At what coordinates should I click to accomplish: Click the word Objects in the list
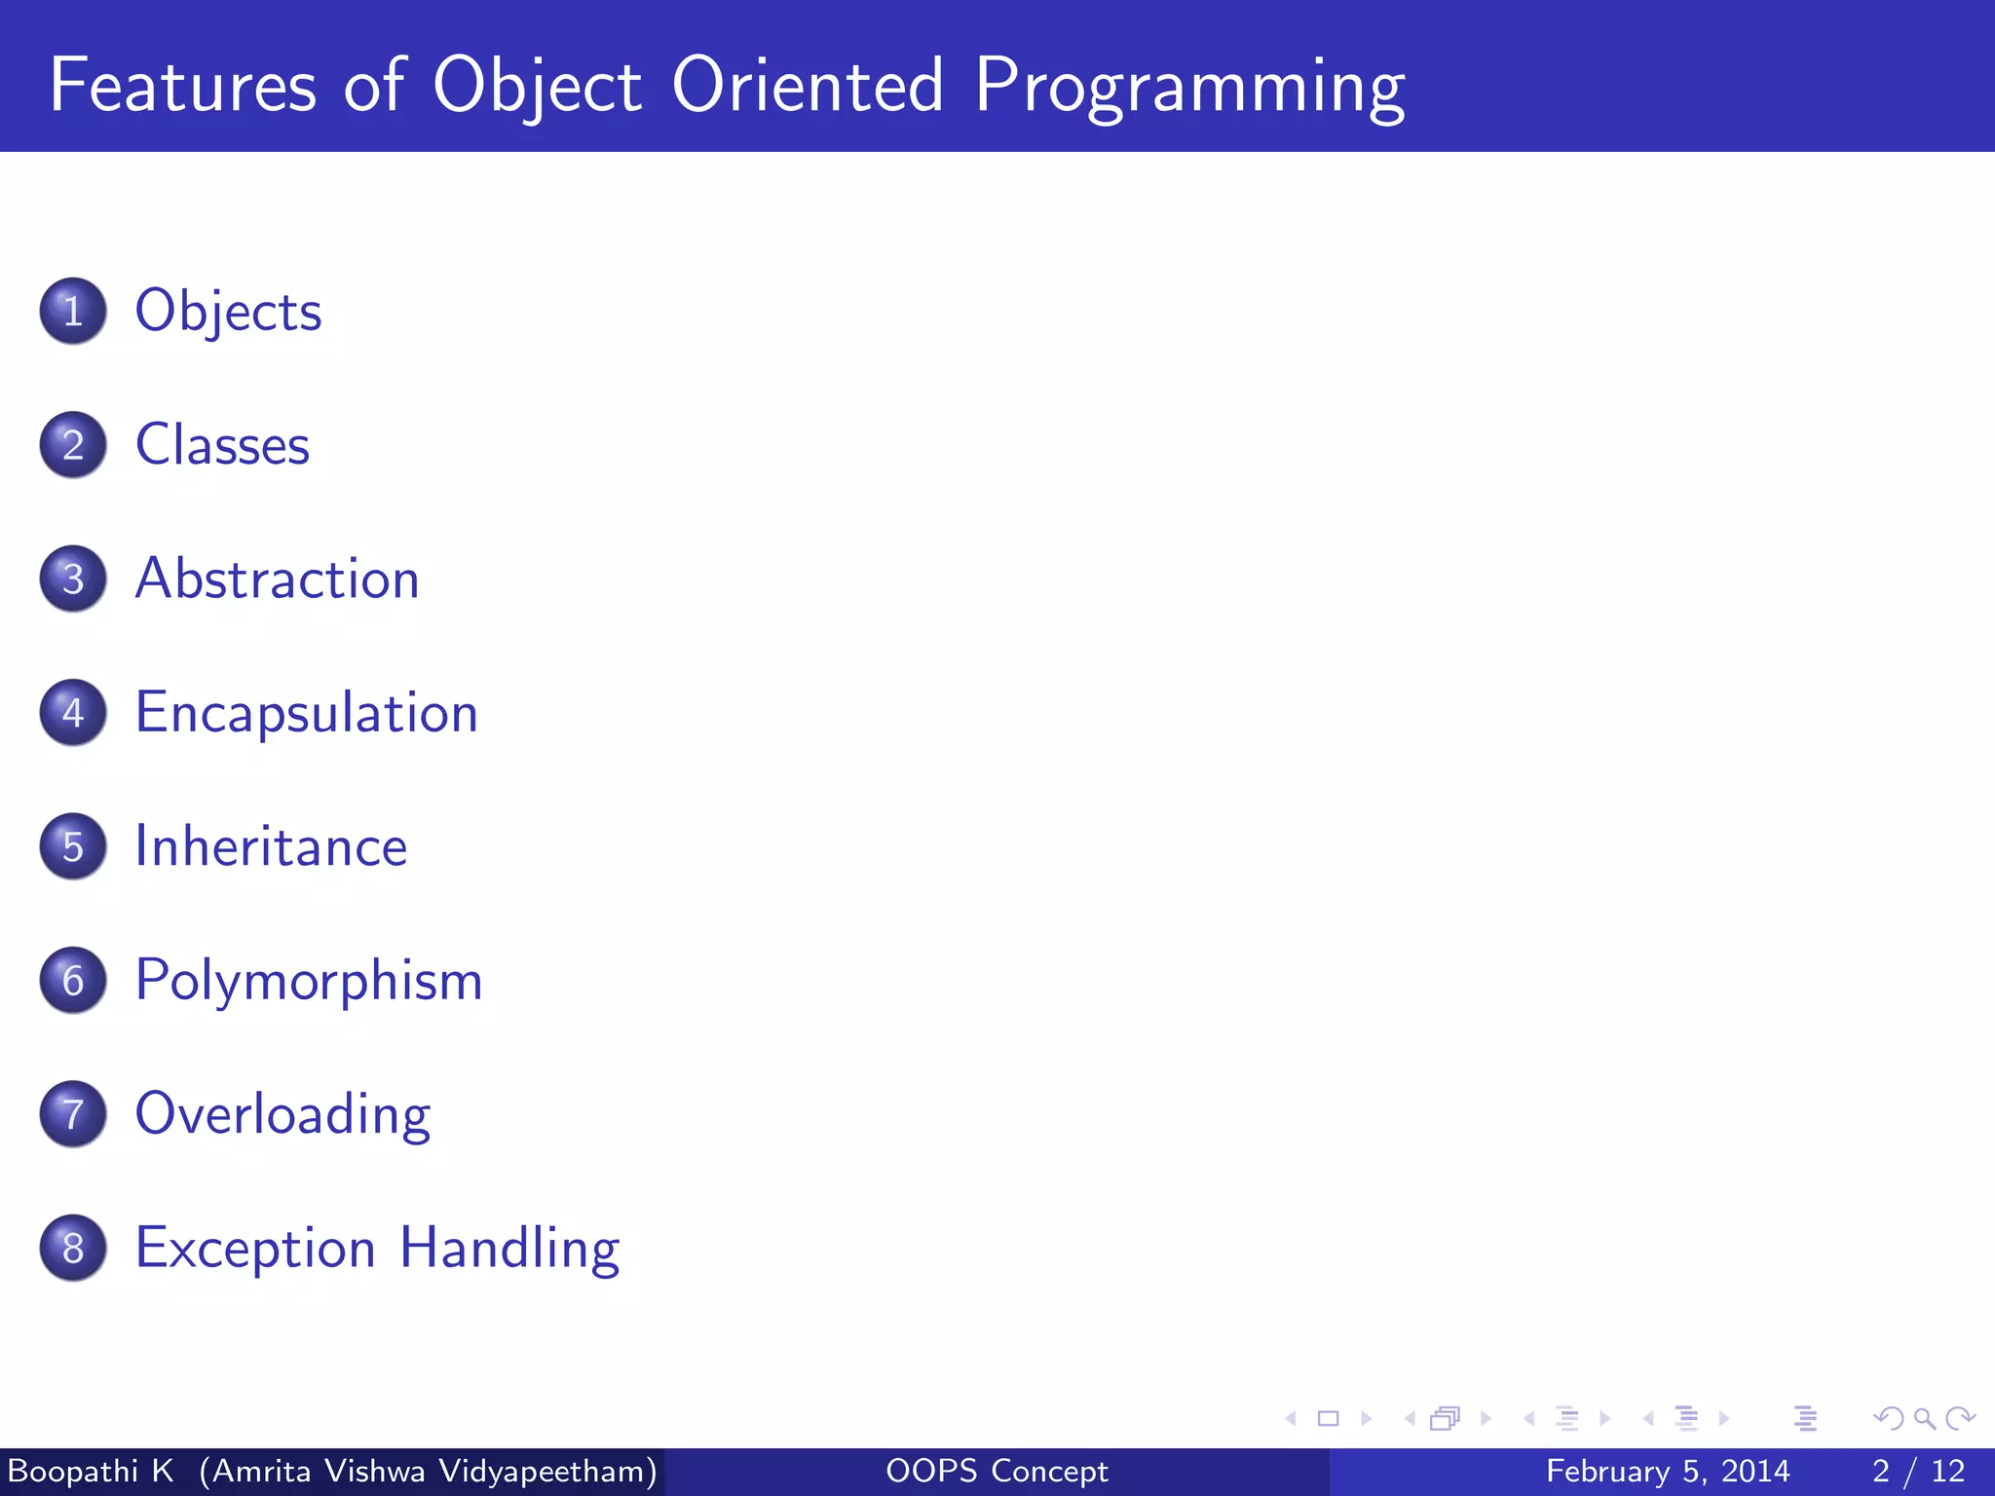pos(228,312)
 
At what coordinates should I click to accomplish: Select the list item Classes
pos(222,445)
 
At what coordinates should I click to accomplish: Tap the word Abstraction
pos(277,579)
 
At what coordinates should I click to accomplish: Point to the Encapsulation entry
pos(306,713)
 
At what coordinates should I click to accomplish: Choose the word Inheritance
pos(271,846)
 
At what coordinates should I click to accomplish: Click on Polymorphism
pos(308,981)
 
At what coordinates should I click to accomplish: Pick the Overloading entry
pos(282,1114)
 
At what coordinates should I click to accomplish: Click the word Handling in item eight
pos(509,1249)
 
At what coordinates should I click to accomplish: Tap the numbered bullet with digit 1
pos(73,312)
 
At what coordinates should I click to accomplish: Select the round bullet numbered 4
pos(73,713)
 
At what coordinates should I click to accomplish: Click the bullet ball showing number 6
pos(73,981)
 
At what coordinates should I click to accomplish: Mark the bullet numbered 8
pos(73,1249)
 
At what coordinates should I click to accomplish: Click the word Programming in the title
pos(1189,88)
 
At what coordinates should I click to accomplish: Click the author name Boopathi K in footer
pos(91,1471)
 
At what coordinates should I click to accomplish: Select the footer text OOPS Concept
pos(997,1471)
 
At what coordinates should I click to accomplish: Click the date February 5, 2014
pos(1667,1471)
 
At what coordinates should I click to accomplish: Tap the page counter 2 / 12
pos(1918,1471)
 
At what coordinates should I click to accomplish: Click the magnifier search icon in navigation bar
pos(1924,1419)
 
